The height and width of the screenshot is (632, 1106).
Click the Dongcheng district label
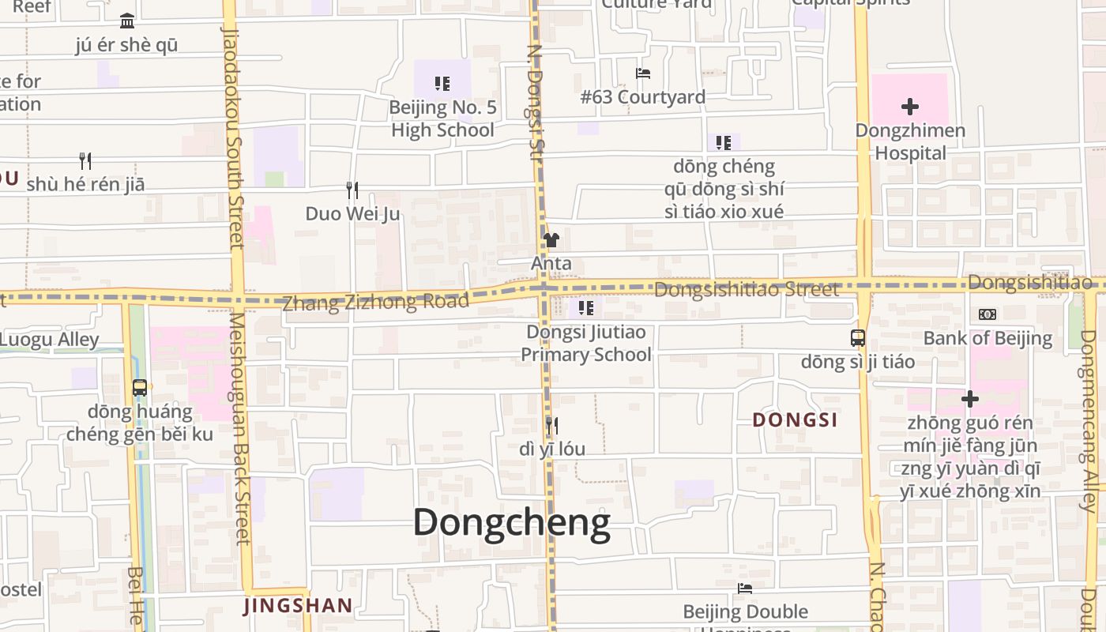coord(511,523)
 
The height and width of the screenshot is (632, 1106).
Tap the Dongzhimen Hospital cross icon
coord(910,106)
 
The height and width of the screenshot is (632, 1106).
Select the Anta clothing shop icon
coord(551,240)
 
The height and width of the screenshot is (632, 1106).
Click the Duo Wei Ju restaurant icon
coord(352,190)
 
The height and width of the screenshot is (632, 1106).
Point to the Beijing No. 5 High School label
coord(442,118)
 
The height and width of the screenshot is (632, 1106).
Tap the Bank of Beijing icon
coord(987,314)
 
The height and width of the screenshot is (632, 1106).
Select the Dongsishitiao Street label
coord(747,290)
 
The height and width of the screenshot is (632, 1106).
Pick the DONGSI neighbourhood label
coord(795,419)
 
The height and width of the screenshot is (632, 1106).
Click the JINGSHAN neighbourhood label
coord(298,606)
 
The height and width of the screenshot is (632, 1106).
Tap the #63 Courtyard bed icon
coord(643,73)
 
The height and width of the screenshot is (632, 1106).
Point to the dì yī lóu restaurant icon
coord(551,426)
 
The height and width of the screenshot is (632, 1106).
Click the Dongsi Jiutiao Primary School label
coord(586,344)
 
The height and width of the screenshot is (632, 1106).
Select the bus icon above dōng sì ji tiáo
coord(858,338)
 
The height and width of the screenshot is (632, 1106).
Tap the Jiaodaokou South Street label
coord(233,138)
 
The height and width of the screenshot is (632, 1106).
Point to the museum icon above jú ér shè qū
coord(126,21)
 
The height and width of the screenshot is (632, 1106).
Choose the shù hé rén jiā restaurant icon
coord(85,161)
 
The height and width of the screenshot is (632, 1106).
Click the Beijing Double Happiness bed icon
coord(745,589)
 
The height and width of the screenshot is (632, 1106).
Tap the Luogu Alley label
coord(49,340)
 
